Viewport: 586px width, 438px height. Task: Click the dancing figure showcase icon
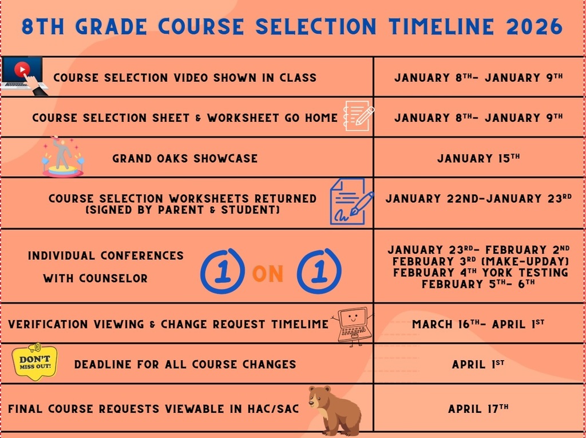tap(62, 157)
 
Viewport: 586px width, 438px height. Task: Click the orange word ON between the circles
tap(268, 274)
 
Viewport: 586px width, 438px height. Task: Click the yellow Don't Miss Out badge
tap(35, 362)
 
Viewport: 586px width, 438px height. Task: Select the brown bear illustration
tap(334, 410)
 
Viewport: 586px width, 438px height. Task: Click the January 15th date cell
tap(478, 158)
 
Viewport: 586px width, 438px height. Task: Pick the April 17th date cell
tap(478, 409)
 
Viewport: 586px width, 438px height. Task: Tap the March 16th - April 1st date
tap(478, 324)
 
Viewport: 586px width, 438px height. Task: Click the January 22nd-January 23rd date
tap(478, 199)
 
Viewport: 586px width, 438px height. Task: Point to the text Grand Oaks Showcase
tap(185, 159)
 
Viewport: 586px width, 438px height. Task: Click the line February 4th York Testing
tap(480, 273)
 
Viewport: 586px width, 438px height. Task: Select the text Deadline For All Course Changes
tap(185, 364)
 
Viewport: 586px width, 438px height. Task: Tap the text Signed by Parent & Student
tap(182, 211)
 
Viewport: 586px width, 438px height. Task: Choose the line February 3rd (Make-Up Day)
tap(480, 261)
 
